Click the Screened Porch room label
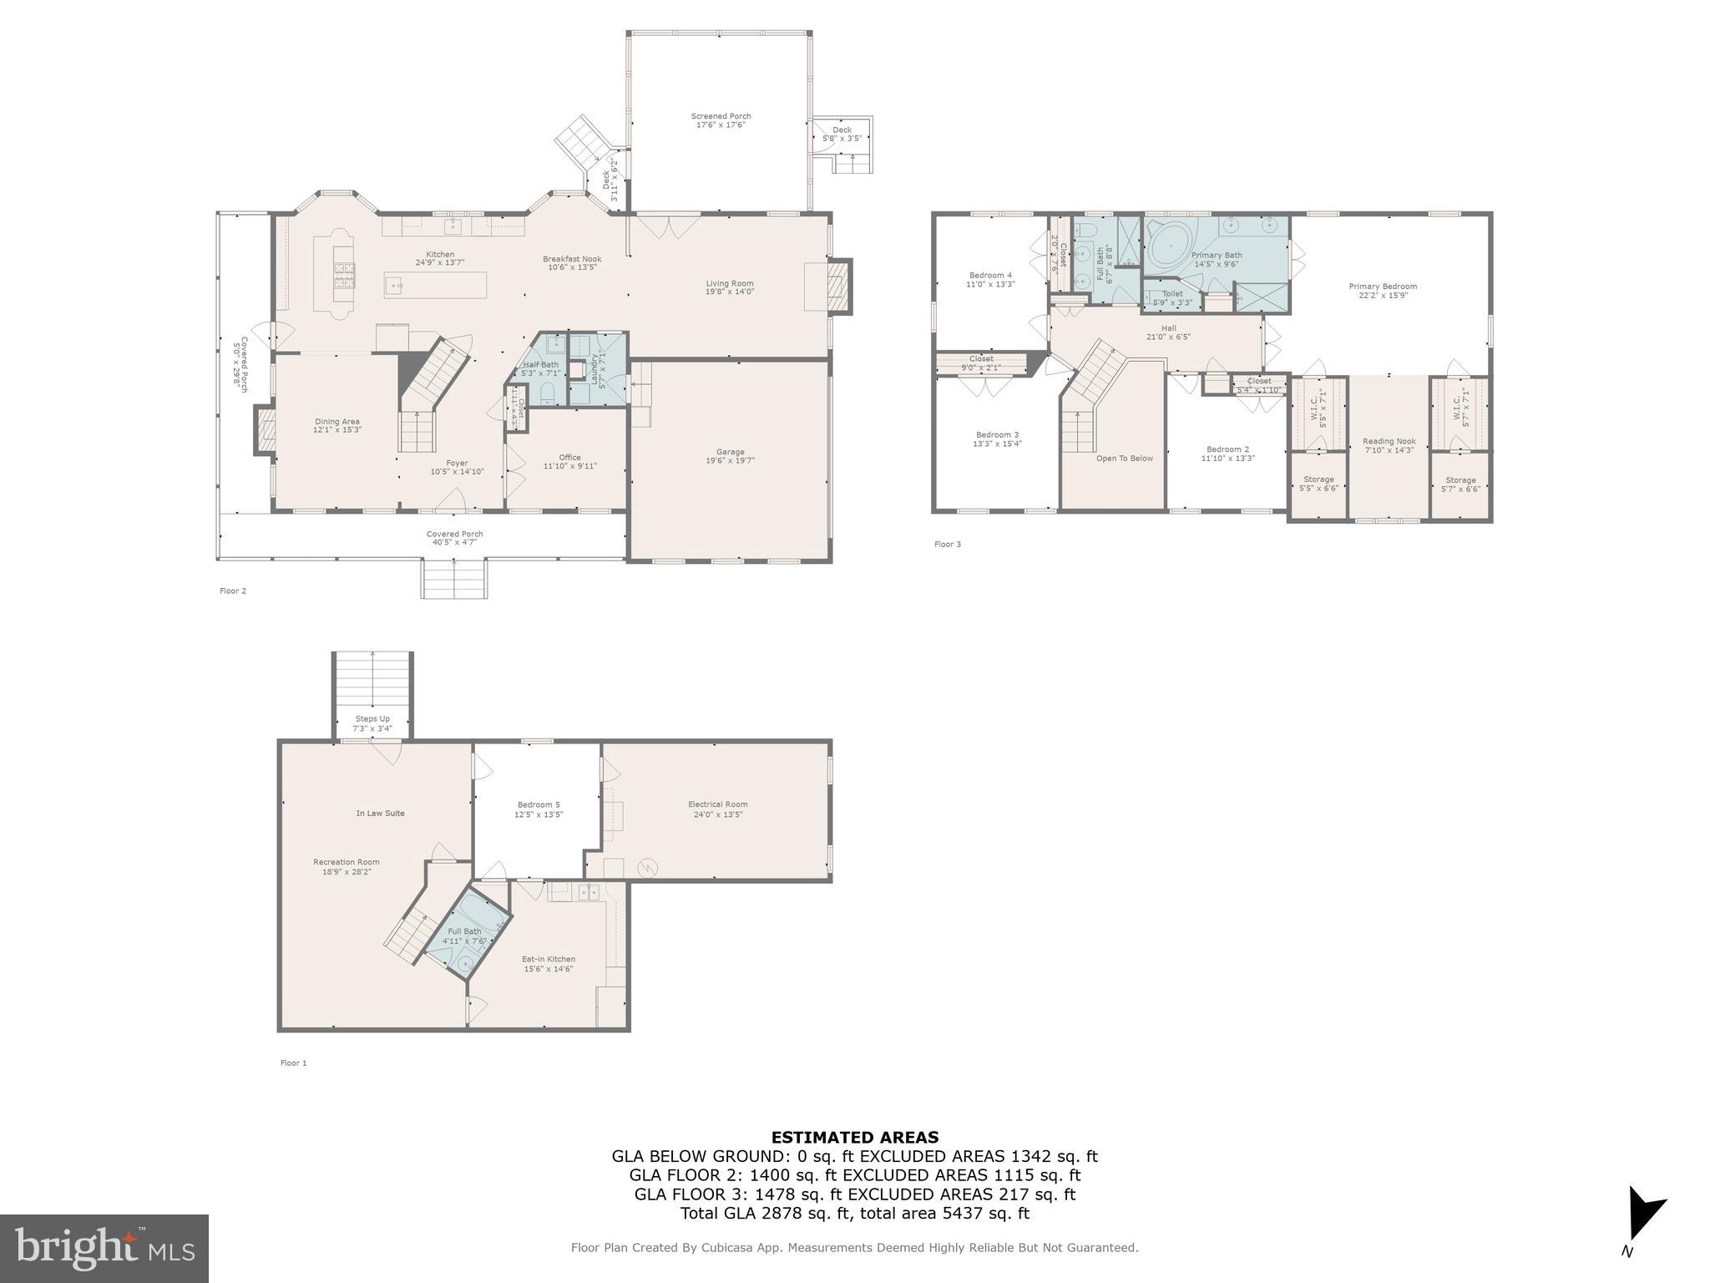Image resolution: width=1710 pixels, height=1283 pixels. click(721, 120)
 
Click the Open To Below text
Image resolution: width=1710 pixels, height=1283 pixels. click(1124, 458)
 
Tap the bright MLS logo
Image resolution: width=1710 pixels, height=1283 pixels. click(104, 1249)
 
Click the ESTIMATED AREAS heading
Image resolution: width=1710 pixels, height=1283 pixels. click(854, 1137)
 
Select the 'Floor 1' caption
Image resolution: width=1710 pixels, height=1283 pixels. click(293, 1062)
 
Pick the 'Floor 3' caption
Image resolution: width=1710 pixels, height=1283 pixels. click(947, 544)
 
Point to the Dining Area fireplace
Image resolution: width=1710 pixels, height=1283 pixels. click(266, 430)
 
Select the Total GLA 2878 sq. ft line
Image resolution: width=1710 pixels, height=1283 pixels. click(854, 1213)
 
